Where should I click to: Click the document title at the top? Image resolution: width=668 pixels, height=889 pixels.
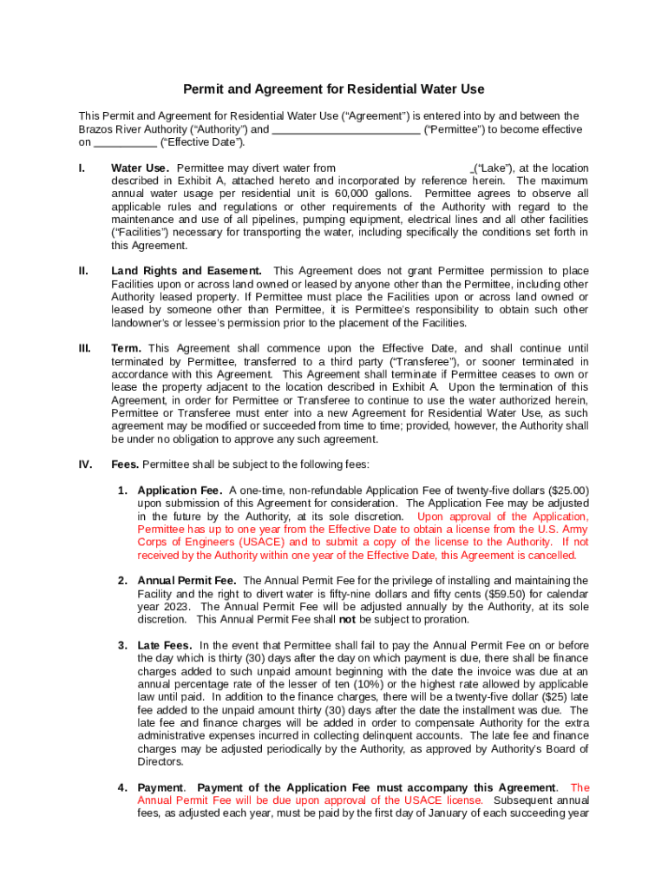coord(333,89)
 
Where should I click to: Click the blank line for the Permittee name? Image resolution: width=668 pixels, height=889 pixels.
coord(346,129)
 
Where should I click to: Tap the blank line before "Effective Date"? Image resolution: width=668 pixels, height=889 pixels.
coord(124,142)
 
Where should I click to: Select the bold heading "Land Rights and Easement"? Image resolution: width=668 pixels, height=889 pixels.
coord(187,271)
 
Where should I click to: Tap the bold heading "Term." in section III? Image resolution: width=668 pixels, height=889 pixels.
coord(128,348)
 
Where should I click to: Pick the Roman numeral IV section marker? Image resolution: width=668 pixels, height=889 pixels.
coord(85,464)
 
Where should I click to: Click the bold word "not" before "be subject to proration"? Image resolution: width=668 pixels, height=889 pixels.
coord(346,620)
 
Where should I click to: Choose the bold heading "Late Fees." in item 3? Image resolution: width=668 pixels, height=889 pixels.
coord(167,645)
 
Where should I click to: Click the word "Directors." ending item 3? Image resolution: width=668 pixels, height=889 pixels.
coord(160,761)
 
